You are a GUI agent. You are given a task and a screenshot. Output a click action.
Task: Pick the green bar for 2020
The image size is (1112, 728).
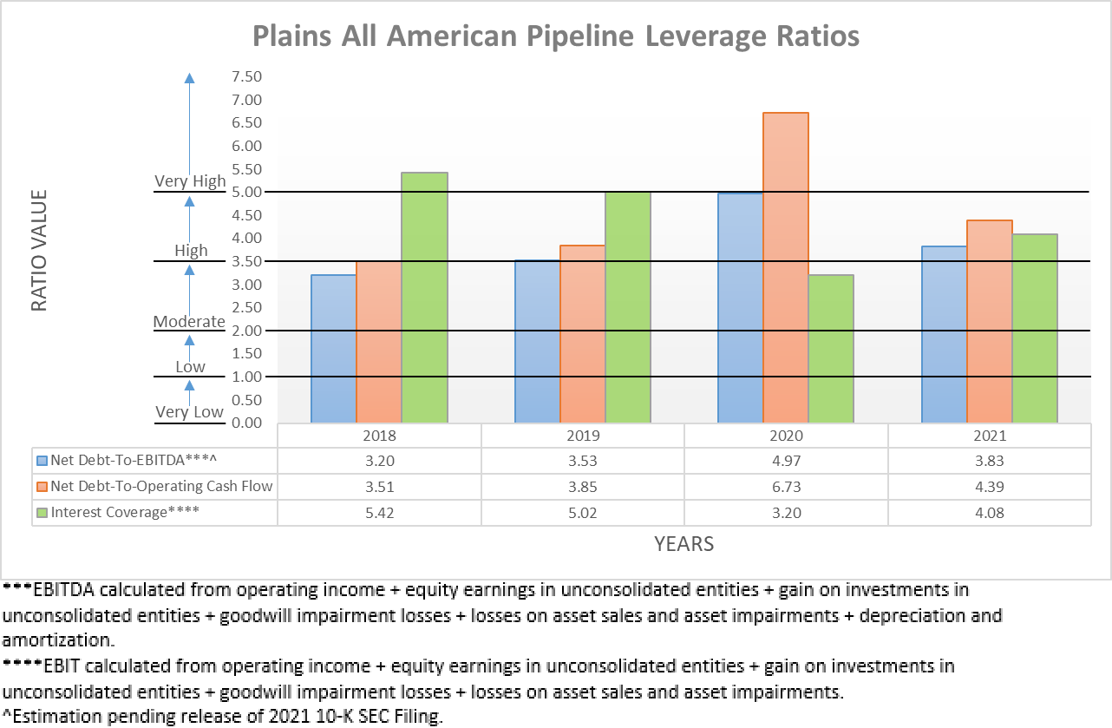pos(831,349)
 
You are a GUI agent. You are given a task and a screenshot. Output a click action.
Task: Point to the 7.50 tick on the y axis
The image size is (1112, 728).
pos(246,77)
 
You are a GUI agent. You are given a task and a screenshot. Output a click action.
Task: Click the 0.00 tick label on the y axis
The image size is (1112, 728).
pos(246,423)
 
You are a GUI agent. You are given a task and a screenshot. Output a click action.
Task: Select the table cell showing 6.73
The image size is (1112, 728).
pos(786,486)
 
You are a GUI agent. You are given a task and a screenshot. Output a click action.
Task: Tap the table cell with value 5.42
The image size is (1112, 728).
pos(379,512)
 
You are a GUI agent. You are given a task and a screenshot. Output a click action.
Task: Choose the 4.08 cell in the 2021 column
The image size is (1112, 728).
pos(989,512)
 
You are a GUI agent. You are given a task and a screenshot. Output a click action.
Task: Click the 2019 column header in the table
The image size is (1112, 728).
pos(583,436)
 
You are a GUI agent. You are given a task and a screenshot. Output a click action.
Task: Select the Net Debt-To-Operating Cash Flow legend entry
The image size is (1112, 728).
pos(161,486)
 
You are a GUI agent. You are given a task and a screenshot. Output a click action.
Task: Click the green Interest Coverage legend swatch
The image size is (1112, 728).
pos(42,512)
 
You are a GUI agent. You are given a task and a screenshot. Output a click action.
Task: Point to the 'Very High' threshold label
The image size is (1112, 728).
pos(190,181)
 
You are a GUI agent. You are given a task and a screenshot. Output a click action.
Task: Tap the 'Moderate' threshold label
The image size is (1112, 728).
pos(189,321)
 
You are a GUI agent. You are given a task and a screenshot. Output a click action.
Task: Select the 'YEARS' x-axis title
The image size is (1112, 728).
pos(684,544)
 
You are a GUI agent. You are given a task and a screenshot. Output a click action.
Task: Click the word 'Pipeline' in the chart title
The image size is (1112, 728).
pos(579,36)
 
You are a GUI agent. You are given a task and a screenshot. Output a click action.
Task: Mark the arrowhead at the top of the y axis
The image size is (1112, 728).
pos(190,78)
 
